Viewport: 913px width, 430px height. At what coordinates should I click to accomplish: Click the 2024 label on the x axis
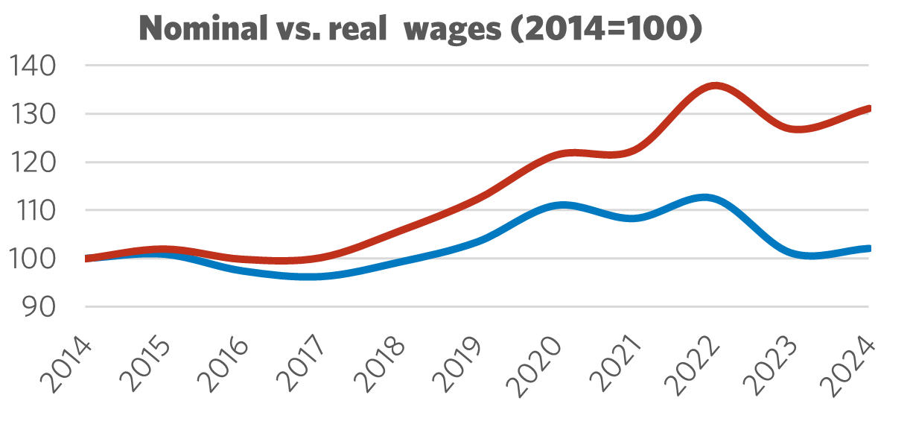point(848,365)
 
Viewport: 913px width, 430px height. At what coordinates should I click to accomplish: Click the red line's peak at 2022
point(714,86)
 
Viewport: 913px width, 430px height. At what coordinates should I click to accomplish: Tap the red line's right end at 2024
point(868,109)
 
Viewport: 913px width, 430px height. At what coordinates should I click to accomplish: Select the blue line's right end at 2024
point(868,249)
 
